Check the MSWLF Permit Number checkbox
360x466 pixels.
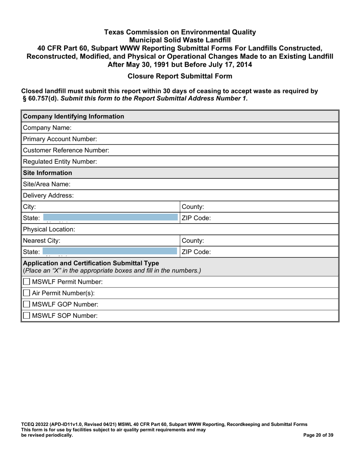tap(27, 282)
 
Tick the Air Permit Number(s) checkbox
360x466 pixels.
tap(27, 293)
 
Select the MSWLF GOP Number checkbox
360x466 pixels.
tap(27, 304)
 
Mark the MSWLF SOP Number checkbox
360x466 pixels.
tap(27, 316)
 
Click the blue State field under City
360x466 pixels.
tap(110, 218)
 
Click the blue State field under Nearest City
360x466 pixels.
tap(110, 252)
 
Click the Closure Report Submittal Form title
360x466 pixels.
tap(180, 76)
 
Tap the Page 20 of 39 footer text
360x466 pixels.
tap(319, 435)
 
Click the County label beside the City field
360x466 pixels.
tap(193, 207)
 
